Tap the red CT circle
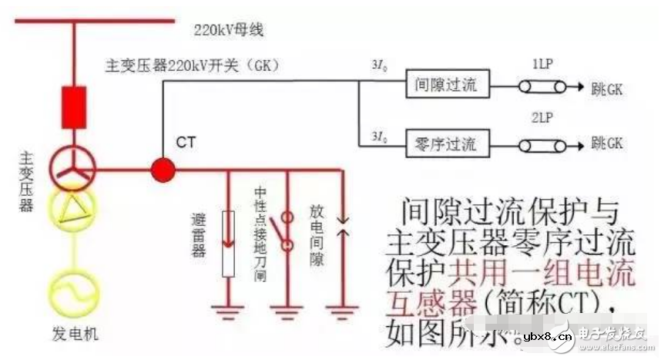162,169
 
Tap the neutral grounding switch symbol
286,230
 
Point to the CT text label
186,142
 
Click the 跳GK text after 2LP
606,143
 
